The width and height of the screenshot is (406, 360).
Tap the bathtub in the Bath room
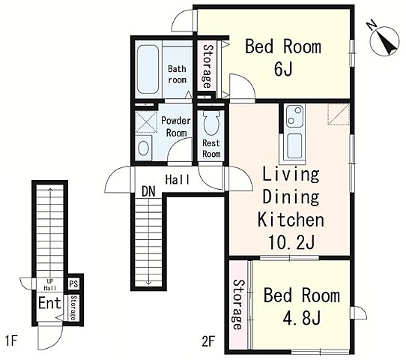coord(148,69)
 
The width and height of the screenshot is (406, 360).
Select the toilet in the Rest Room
coord(211,122)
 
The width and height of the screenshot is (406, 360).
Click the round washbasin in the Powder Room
coord(143,148)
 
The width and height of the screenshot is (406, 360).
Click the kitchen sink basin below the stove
coord(294,146)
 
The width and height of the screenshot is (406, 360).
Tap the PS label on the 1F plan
coord(73,283)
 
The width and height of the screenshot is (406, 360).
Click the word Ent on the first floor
coord(49,303)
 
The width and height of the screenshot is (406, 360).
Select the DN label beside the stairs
coord(148,191)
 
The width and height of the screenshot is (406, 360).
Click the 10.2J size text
coord(291,242)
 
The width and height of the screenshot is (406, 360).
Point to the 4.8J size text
coord(302,317)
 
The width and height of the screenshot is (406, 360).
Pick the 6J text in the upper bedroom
coord(283,69)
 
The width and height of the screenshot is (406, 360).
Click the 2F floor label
coord(208,342)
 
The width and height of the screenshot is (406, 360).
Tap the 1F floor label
coord(11,340)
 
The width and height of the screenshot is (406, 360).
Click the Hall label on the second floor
coord(178,179)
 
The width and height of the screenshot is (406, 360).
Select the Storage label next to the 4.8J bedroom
coord(237,304)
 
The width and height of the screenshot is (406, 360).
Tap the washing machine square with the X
coord(146,122)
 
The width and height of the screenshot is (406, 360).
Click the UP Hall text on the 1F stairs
coord(50,284)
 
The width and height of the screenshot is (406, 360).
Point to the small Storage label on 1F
coord(73,308)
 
